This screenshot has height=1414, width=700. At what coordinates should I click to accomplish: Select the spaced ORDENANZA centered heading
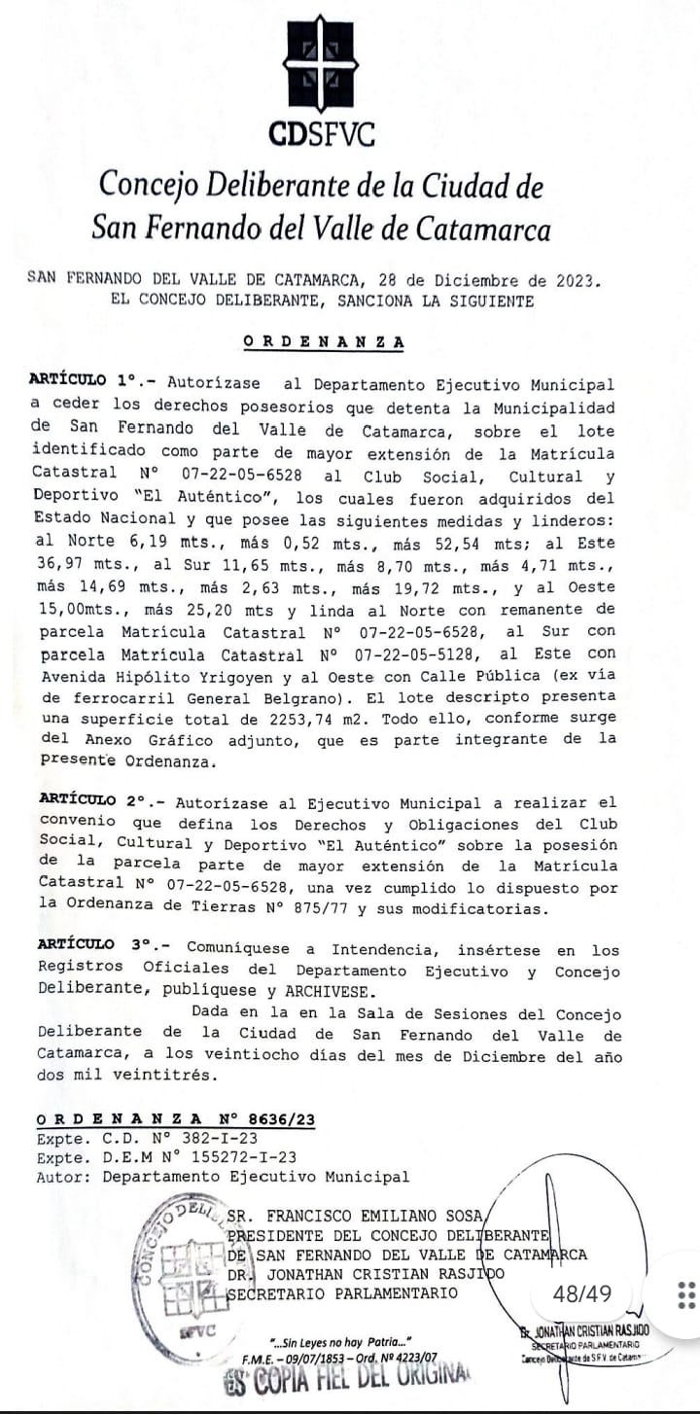[x=323, y=341]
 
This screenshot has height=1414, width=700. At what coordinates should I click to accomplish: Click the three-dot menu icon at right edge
[x=686, y=1295]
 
